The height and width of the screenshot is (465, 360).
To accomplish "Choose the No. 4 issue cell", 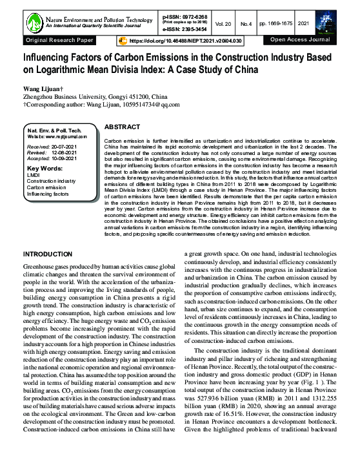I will pos(263,23).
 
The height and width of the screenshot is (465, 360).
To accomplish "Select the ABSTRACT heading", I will pos(122,128).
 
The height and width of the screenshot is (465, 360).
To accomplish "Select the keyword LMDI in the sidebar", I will pos(34,174).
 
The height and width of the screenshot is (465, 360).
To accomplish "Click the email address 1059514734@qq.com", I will pos(147,103).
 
